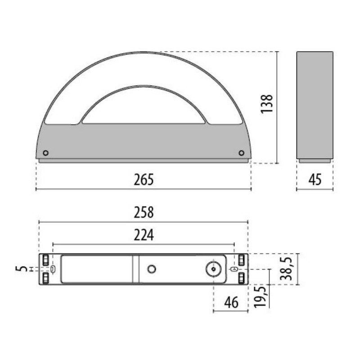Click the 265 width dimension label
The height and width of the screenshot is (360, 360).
pyautogui.click(x=144, y=180)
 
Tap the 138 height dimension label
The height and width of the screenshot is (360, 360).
pyautogui.click(x=267, y=104)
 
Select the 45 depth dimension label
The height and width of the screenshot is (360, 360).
pyautogui.click(x=315, y=180)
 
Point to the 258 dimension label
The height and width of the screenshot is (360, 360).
pyautogui.click(x=144, y=212)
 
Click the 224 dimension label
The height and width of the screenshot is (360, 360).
pyautogui.click(x=144, y=235)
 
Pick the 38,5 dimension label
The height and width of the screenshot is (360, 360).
pyautogui.click(x=286, y=269)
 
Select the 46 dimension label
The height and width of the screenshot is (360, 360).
pyautogui.click(x=231, y=302)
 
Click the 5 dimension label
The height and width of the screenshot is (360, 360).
pyautogui.click(x=21, y=269)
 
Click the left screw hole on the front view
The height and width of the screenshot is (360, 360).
pyautogui.click(x=46, y=153)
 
